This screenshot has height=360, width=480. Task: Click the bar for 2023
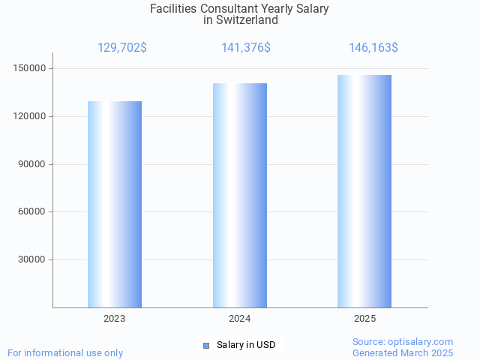tap(115, 204)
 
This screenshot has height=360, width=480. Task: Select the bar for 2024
tap(240, 195)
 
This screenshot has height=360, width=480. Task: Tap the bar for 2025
tap(364, 191)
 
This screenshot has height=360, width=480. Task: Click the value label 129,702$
tap(122, 48)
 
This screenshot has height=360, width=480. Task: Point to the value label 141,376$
tap(246, 48)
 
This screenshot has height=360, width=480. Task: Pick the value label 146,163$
tap(373, 48)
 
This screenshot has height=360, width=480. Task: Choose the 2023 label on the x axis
tap(115, 319)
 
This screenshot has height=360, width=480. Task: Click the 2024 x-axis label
tap(240, 319)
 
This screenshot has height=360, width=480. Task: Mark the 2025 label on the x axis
tap(365, 319)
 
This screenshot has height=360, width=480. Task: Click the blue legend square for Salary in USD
tap(206, 345)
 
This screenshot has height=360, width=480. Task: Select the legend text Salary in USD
tap(246, 345)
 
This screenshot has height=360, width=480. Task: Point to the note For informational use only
tap(65, 352)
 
